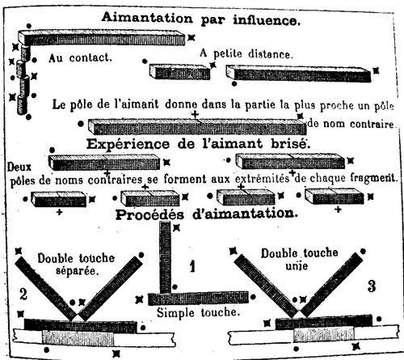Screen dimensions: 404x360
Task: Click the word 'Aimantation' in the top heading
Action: (147, 18)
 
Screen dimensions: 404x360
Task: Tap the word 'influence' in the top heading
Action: (267, 20)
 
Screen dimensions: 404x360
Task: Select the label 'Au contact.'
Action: (80, 58)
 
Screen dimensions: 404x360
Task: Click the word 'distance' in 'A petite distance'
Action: (270, 54)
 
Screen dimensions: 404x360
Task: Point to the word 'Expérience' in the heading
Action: (128, 144)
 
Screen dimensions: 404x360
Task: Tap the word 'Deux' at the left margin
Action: (19, 167)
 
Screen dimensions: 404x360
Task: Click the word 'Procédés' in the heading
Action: (149, 215)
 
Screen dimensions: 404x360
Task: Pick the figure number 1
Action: (192, 266)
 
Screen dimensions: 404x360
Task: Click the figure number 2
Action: (23, 294)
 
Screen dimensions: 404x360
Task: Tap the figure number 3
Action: (372, 286)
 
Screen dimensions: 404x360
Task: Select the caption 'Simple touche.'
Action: (198, 313)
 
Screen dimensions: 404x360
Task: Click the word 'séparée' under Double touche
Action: (76, 270)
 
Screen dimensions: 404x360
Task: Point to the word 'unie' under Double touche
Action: (297, 266)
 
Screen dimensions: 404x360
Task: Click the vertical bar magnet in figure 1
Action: (165, 257)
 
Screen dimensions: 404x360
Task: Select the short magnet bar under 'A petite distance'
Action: (179, 72)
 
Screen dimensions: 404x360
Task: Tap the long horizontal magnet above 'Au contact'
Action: (102, 37)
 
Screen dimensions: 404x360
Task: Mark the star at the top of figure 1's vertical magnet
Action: (176, 228)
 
